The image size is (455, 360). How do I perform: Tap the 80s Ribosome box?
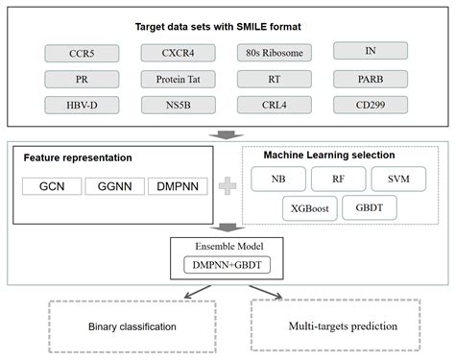pyautogui.click(x=273, y=51)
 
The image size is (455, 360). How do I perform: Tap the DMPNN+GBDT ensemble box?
pyautogui.click(x=226, y=263)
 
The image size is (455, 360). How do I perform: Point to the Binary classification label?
pyautogui.click(x=133, y=326)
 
